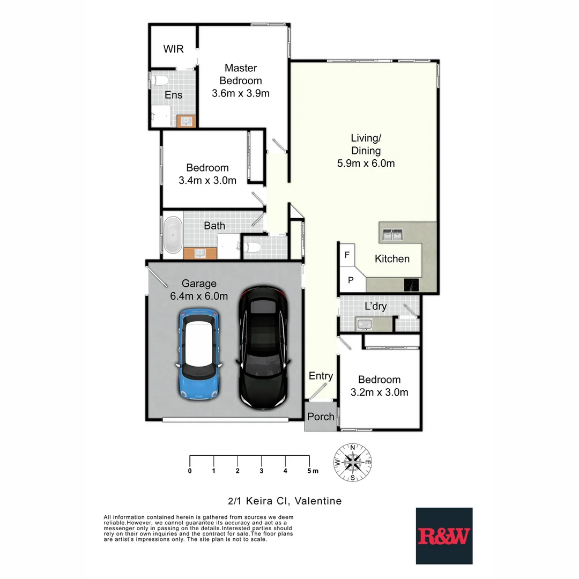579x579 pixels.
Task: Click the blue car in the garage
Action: click(x=199, y=354)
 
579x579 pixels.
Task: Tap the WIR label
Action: click(x=173, y=49)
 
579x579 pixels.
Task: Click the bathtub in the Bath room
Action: click(x=172, y=235)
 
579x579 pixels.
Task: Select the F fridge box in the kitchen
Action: click(x=347, y=255)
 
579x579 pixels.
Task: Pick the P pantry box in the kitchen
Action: click(x=350, y=280)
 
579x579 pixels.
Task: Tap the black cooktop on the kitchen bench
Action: click(x=411, y=285)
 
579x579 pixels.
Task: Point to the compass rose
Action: click(x=353, y=462)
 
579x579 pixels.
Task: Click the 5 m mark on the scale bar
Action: click(x=309, y=471)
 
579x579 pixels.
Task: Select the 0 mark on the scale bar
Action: click(x=190, y=471)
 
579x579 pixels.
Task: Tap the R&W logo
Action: click(x=444, y=536)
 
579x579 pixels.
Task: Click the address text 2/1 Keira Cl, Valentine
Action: click(x=285, y=501)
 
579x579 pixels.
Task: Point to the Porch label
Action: click(x=321, y=417)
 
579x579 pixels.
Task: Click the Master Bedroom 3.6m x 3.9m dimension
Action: click(x=241, y=93)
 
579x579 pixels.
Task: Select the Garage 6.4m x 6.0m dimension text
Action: click(x=199, y=296)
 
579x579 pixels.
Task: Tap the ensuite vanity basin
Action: click(x=187, y=121)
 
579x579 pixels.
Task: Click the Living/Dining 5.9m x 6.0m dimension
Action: click(x=366, y=164)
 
